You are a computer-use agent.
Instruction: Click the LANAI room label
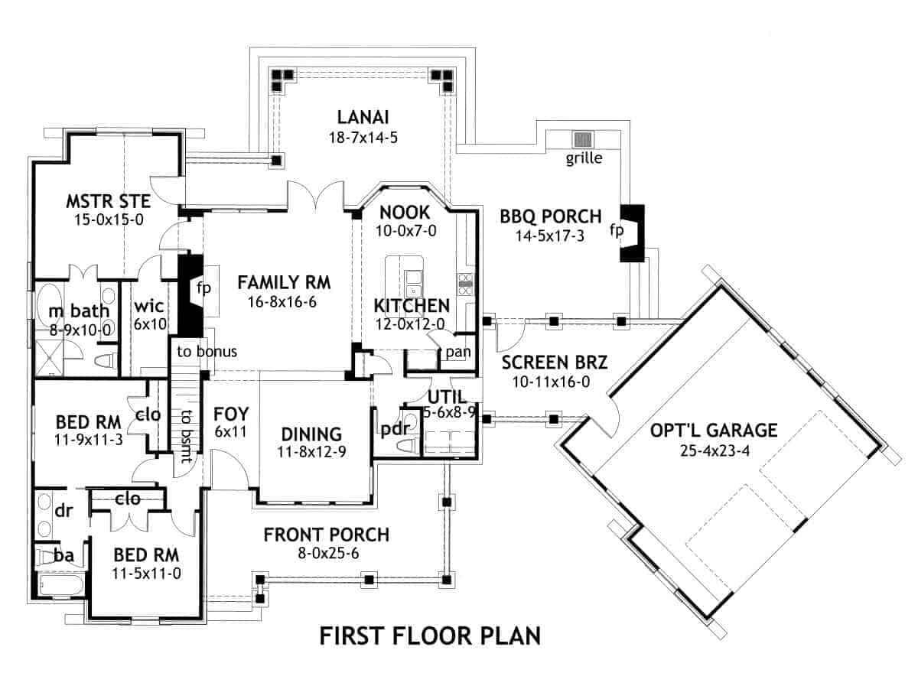[x=363, y=117]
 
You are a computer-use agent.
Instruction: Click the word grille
[x=584, y=159]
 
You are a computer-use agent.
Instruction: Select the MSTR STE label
[x=108, y=202]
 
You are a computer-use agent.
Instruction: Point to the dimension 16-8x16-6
[x=282, y=302]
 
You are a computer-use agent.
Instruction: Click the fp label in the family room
[x=203, y=288]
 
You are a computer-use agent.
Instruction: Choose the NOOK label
[x=405, y=212]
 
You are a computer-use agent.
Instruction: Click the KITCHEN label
[x=411, y=306]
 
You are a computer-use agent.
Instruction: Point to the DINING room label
[x=311, y=434]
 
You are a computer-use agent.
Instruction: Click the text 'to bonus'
[x=207, y=352]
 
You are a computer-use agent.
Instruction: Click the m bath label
[x=80, y=311]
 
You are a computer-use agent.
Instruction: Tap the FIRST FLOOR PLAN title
[x=430, y=636]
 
